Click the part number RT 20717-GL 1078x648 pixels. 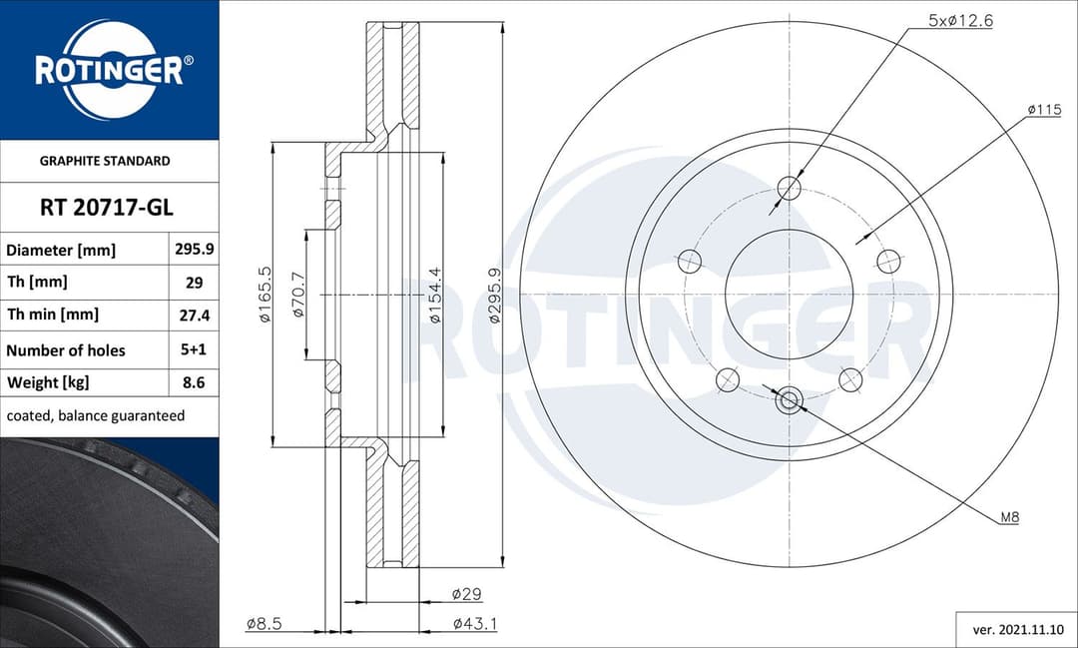(107, 208)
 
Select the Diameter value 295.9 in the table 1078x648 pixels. (195, 250)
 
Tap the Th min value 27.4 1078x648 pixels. (195, 315)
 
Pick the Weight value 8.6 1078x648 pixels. (195, 382)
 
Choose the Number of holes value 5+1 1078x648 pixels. (195, 349)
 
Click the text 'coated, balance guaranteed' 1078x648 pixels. (96, 415)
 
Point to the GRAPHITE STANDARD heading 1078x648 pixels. (105, 161)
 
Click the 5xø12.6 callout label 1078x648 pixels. (960, 20)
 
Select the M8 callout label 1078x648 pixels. (1009, 517)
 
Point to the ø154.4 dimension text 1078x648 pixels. (434, 296)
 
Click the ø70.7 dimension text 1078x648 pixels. (298, 296)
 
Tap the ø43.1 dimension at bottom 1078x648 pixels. (475, 624)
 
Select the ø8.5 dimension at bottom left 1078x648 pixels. (264, 624)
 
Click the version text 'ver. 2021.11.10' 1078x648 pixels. (1016, 630)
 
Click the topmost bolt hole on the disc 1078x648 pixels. (789, 188)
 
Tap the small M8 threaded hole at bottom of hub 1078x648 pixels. (789, 400)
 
